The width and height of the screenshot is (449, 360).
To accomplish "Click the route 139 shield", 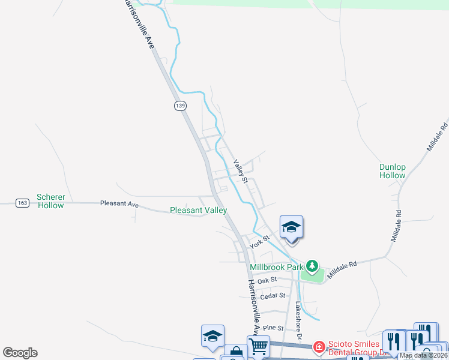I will coord(180,106).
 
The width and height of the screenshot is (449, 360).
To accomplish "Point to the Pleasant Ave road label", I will coord(119,204).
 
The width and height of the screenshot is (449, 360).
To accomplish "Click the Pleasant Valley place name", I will coord(198,210).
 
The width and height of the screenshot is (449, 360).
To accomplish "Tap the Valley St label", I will coord(241,171).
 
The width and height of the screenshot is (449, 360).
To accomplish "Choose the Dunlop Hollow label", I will coord(393,171).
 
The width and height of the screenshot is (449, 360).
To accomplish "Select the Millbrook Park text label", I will coord(277,266).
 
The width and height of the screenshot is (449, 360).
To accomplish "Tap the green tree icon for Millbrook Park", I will coord(312,265).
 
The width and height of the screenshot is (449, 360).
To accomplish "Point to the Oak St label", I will coord(267,280).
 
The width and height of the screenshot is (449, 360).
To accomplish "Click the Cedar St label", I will coord(271,296).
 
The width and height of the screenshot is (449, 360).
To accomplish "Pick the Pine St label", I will coord(273,328).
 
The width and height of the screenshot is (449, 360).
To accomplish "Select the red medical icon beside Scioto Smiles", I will coord(319,346).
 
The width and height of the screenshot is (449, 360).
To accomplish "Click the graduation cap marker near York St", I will coord(291,227).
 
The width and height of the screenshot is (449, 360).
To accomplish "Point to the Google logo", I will coord(20,353).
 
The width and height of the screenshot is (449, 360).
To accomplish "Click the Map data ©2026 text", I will coord(423,355).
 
